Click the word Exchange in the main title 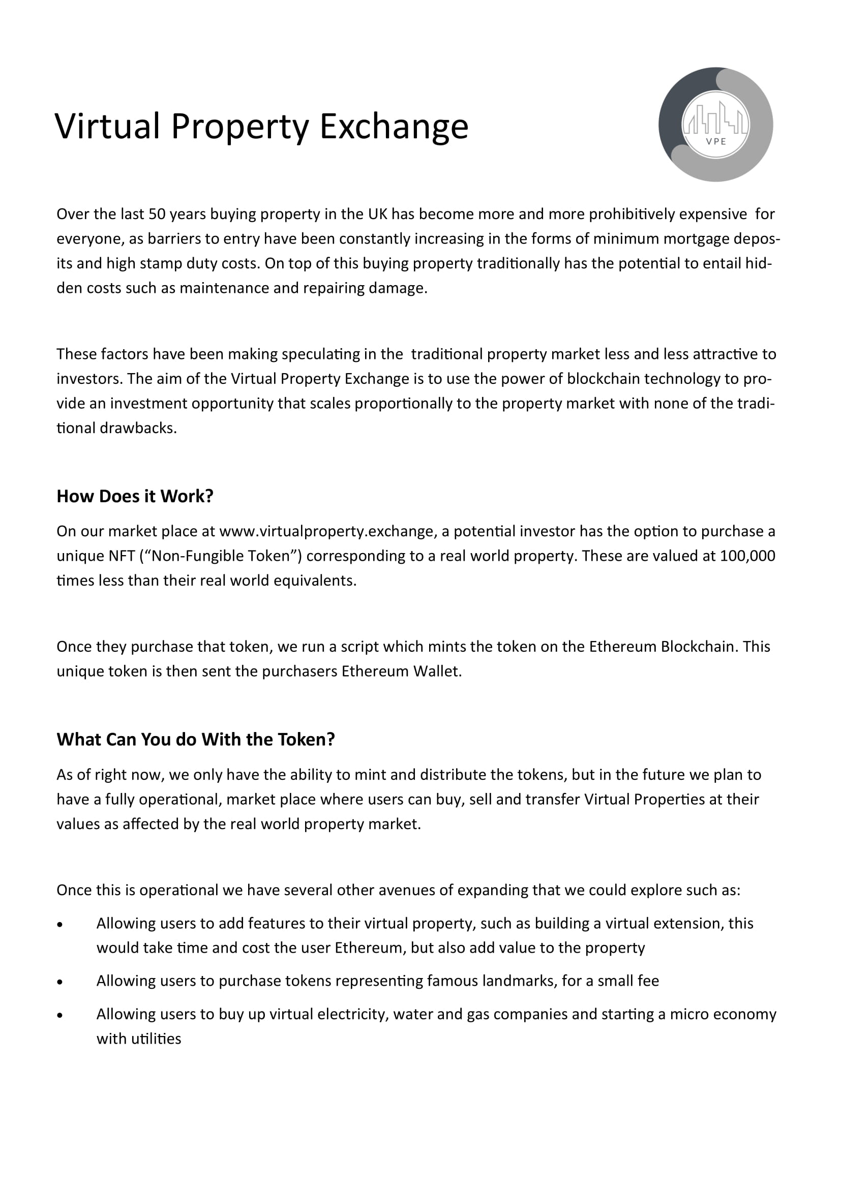[394, 127]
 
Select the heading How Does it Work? [135, 496]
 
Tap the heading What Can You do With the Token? [196, 739]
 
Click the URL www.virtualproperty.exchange [326, 531]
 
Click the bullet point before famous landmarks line [60, 981]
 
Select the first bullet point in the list [60, 924]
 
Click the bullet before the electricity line [60, 1015]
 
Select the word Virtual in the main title [107, 127]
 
